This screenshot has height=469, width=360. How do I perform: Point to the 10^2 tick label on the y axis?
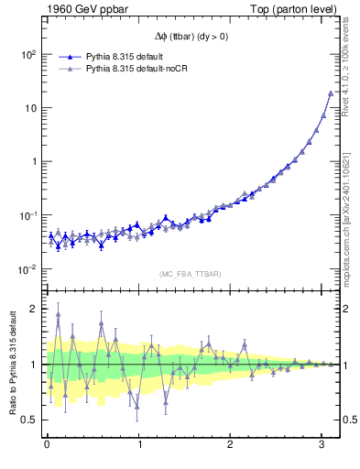tap(27, 55)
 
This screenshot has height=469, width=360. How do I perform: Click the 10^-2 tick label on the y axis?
tap(27, 269)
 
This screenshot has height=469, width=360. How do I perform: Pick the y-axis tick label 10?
tap(29, 108)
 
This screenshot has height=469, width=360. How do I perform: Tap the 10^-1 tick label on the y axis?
tap(27, 215)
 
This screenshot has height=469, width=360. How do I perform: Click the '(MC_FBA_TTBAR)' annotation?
tap(189, 274)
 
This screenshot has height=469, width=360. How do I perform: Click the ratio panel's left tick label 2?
tap(33, 309)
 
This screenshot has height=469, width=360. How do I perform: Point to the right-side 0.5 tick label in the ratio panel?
tap(348, 420)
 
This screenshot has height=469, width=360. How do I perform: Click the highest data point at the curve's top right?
tap(331, 93)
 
